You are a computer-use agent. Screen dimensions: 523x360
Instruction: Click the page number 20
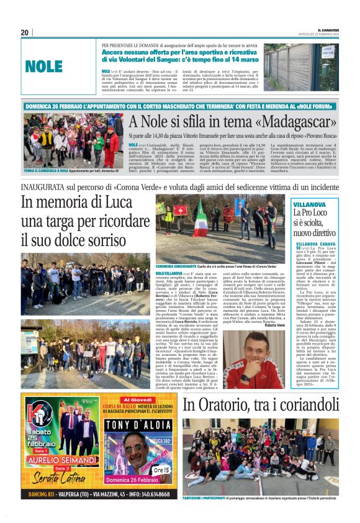25,32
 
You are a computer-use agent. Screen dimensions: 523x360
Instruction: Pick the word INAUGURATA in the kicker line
46,185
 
